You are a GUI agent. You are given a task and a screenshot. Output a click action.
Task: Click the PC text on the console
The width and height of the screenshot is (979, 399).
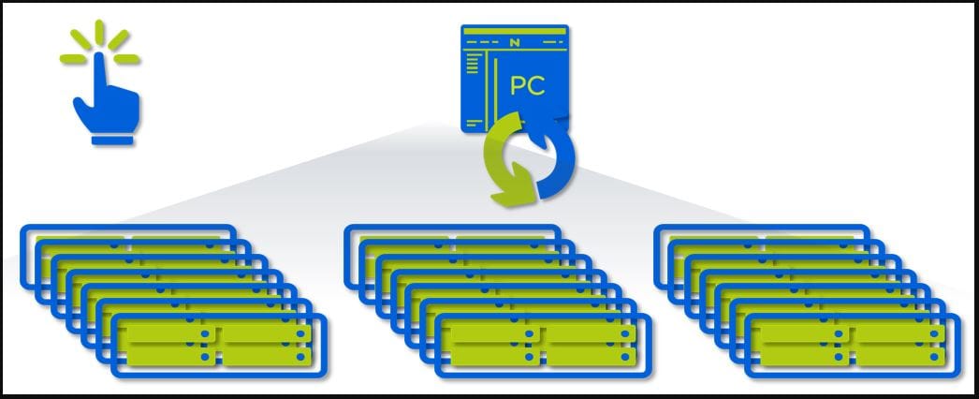(529, 86)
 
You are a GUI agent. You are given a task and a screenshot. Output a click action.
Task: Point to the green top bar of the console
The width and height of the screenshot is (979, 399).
(514, 32)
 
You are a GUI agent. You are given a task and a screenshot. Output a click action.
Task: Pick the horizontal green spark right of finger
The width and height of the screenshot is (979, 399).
(128, 60)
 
